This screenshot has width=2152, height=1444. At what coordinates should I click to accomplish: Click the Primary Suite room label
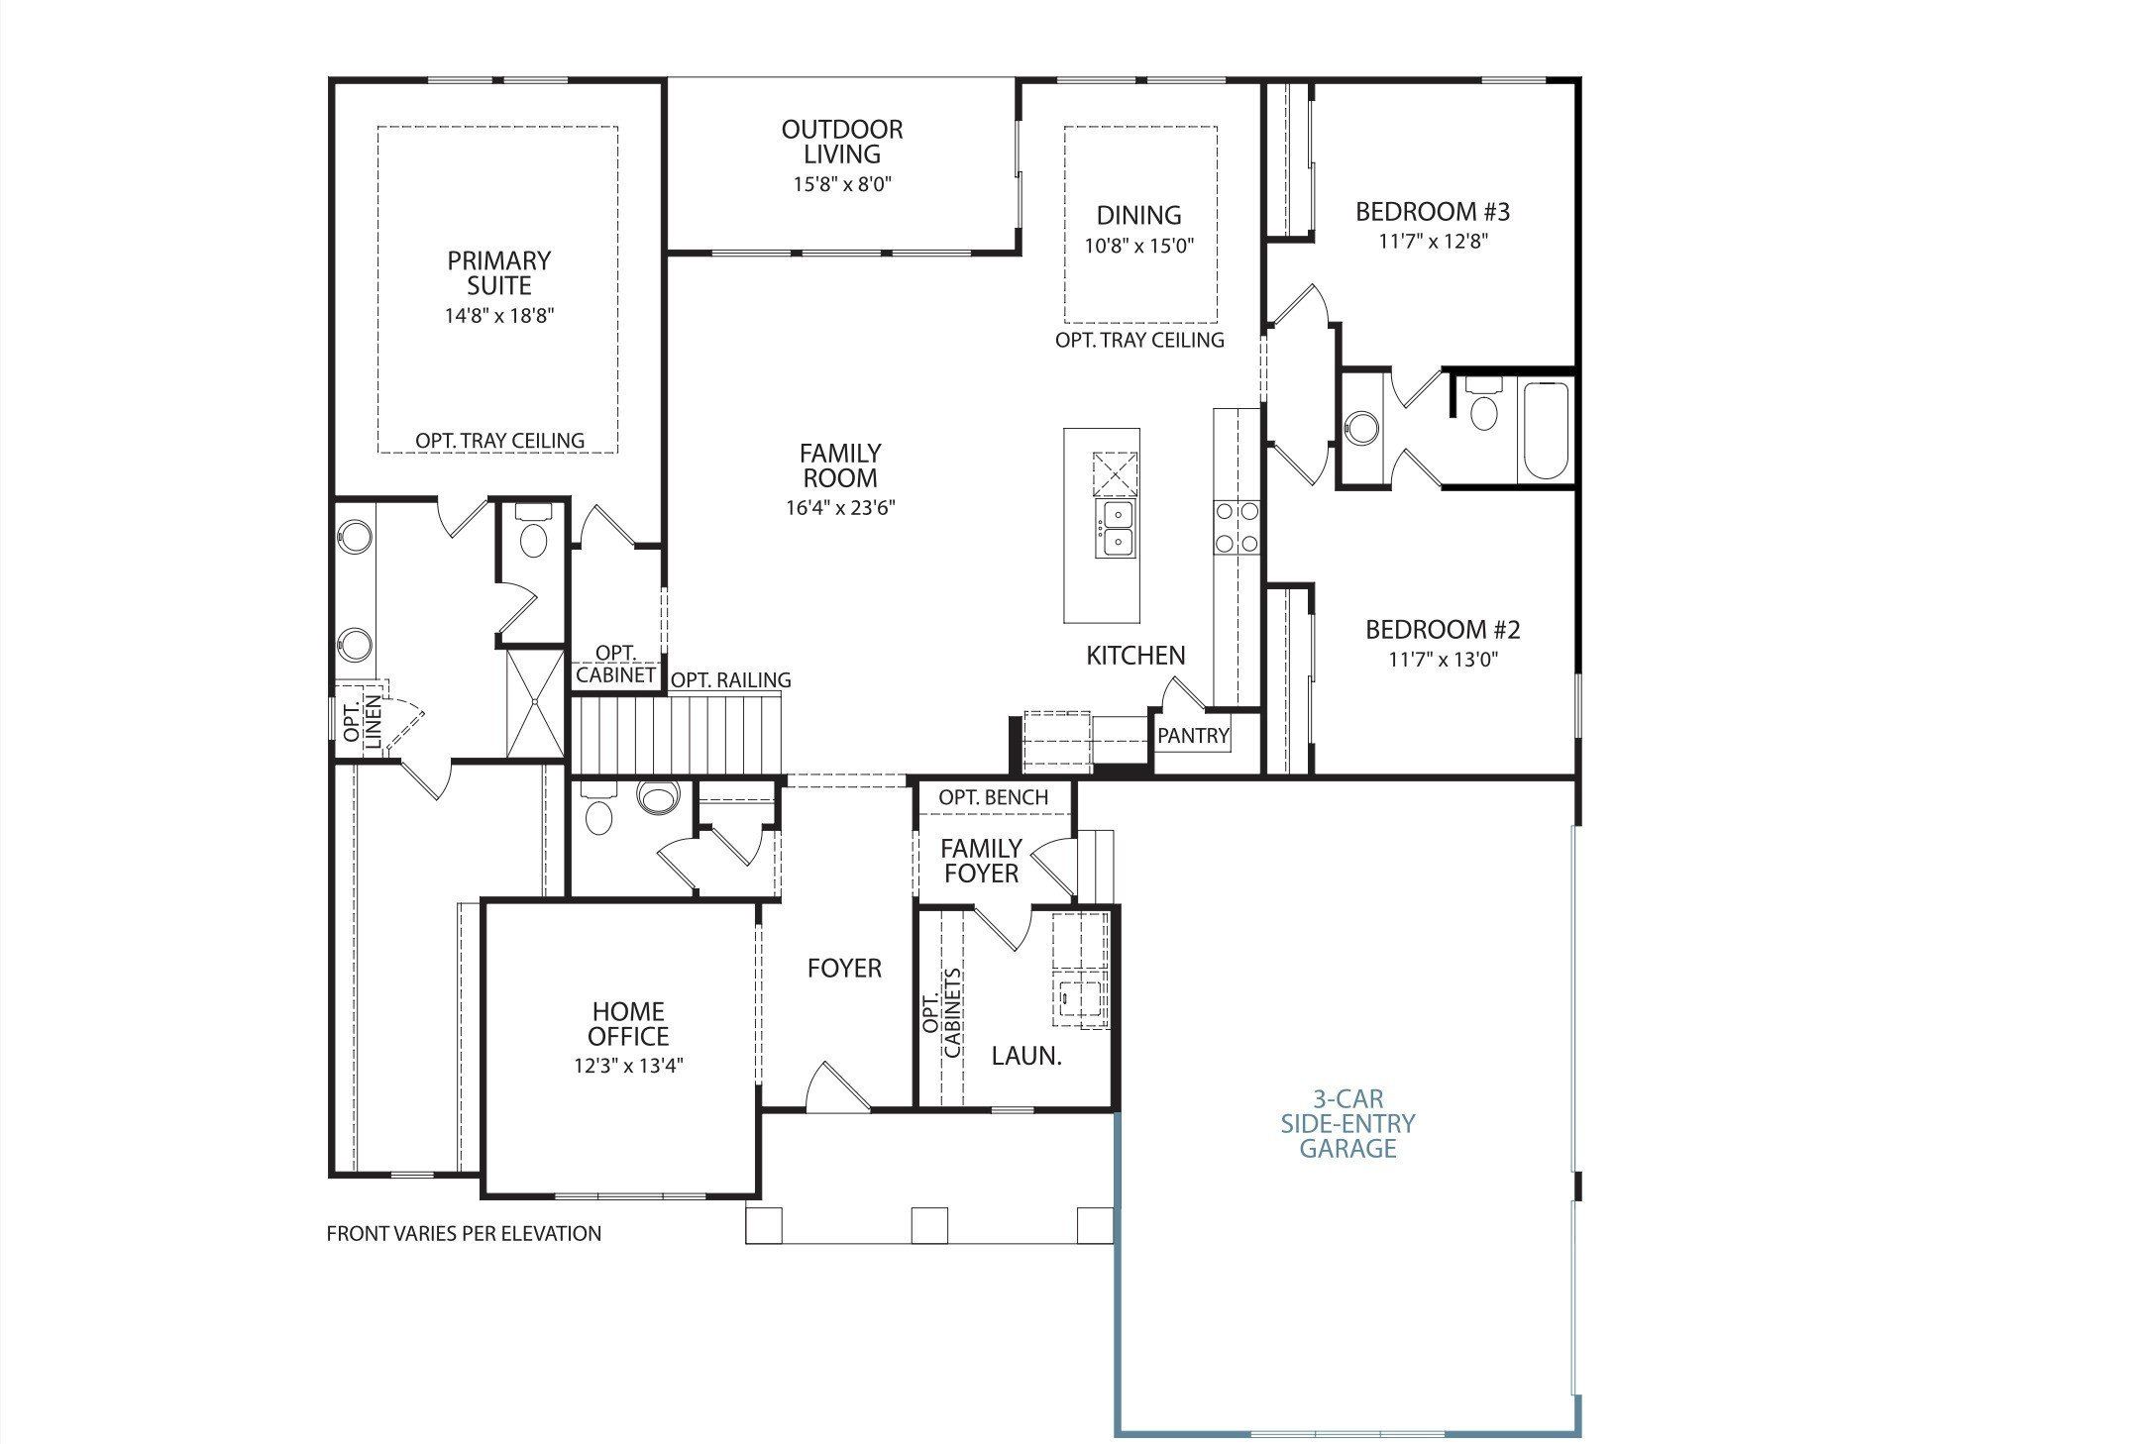click(498, 273)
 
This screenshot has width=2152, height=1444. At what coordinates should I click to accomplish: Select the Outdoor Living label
click(842, 142)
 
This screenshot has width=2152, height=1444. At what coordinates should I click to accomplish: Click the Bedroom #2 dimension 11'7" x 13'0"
click(1443, 660)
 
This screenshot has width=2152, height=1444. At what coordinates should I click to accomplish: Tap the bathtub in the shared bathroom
click(1545, 431)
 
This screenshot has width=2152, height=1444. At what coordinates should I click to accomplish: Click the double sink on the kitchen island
click(1116, 529)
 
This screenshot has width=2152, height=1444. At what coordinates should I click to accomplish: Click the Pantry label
click(1193, 736)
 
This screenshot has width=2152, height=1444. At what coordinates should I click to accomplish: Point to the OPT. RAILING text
click(731, 680)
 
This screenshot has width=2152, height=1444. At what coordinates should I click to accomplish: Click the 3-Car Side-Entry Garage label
click(1348, 1124)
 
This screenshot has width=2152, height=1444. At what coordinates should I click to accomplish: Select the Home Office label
click(628, 1024)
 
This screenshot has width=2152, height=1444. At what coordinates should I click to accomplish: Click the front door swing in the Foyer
click(835, 1088)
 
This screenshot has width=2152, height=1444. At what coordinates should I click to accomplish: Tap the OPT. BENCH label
click(994, 797)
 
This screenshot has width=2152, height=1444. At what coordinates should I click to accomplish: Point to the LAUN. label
click(1026, 1057)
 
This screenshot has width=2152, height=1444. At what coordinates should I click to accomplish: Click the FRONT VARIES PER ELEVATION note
click(464, 1234)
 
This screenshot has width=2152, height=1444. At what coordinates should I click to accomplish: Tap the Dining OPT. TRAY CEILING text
click(1139, 340)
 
